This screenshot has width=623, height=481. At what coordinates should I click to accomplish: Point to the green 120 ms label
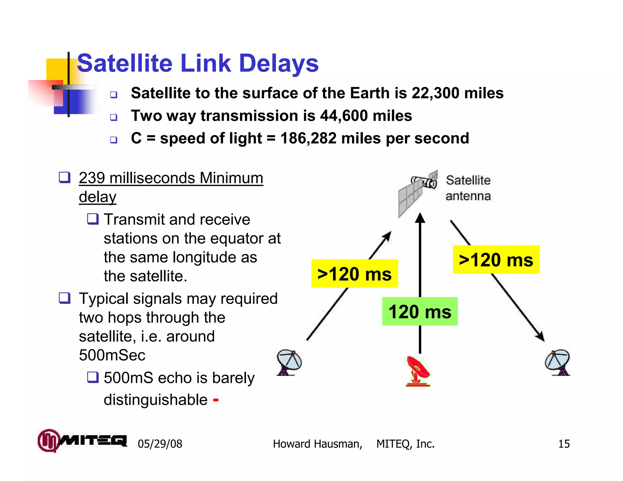tap(420, 312)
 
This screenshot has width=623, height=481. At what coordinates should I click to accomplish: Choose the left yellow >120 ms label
tap(354, 274)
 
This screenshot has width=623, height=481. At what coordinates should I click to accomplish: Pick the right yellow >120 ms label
tap(496, 260)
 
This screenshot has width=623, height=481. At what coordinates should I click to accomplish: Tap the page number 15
tap(564, 444)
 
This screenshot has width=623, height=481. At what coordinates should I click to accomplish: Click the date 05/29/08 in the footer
tap(160, 444)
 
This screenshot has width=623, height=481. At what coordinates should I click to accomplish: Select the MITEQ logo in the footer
tap(82, 440)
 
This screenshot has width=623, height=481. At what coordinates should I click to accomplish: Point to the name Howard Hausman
tap(317, 444)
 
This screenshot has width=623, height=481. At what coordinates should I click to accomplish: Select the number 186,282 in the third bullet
tap(308, 138)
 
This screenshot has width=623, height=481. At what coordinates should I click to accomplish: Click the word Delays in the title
tap(279, 63)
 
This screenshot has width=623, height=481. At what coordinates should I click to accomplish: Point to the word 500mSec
tap(112, 355)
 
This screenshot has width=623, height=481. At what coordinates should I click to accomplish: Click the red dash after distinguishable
tap(216, 400)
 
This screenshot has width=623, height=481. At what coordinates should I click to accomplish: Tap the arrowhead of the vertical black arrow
tap(420, 218)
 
